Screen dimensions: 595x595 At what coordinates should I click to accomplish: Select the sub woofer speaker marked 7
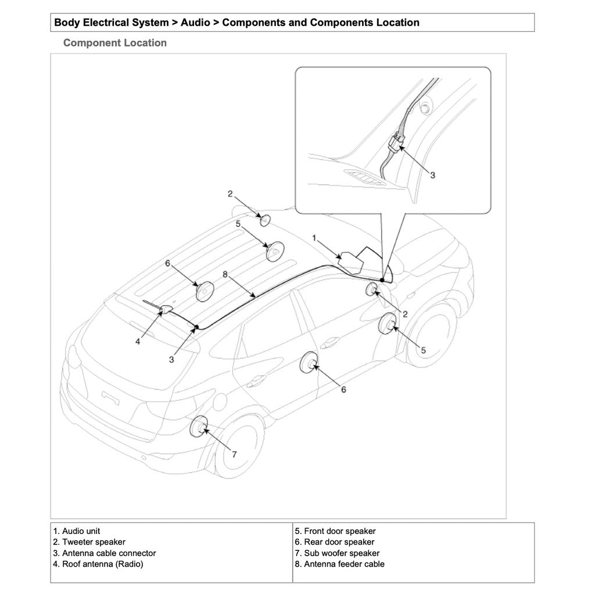[199, 427]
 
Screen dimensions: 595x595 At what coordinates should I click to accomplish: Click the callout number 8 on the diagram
[225, 273]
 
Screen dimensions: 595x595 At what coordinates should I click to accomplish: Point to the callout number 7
[234, 454]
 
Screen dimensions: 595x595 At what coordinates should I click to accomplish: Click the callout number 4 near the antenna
[138, 342]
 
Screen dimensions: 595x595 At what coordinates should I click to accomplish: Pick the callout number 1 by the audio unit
[314, 238]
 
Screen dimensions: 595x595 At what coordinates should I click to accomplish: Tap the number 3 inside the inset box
[432, 175]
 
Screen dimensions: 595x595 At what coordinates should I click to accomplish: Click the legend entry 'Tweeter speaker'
[89, 542]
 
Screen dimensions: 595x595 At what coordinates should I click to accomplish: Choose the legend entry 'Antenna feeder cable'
[343, 564]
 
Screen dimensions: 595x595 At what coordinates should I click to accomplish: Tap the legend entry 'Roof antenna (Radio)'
[98, 564]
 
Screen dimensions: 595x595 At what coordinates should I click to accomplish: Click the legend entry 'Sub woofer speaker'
[341, 553]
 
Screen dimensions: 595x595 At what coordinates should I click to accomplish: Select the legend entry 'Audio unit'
[76, 531]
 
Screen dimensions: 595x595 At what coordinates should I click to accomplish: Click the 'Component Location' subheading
[114, 43]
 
